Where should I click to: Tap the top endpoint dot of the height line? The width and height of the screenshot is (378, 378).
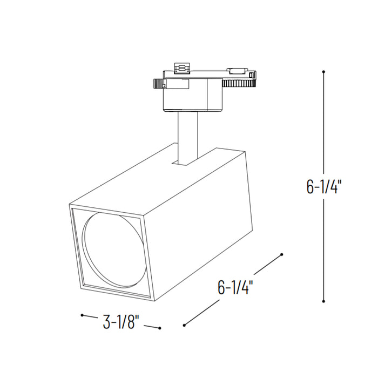(x=323, y=71)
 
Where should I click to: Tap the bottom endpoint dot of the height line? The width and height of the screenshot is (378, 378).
(x=323, y=301)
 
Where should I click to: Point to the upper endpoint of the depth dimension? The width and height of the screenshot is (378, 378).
(x=282, y=254)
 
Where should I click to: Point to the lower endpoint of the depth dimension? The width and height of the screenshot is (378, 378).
(x=185, y=325)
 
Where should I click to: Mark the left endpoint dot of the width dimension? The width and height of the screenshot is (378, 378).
(x=82, y=315)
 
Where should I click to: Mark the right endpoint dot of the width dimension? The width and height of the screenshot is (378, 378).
(x=160, y=328)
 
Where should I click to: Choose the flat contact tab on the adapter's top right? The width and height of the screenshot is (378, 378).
(x=236, y=70)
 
